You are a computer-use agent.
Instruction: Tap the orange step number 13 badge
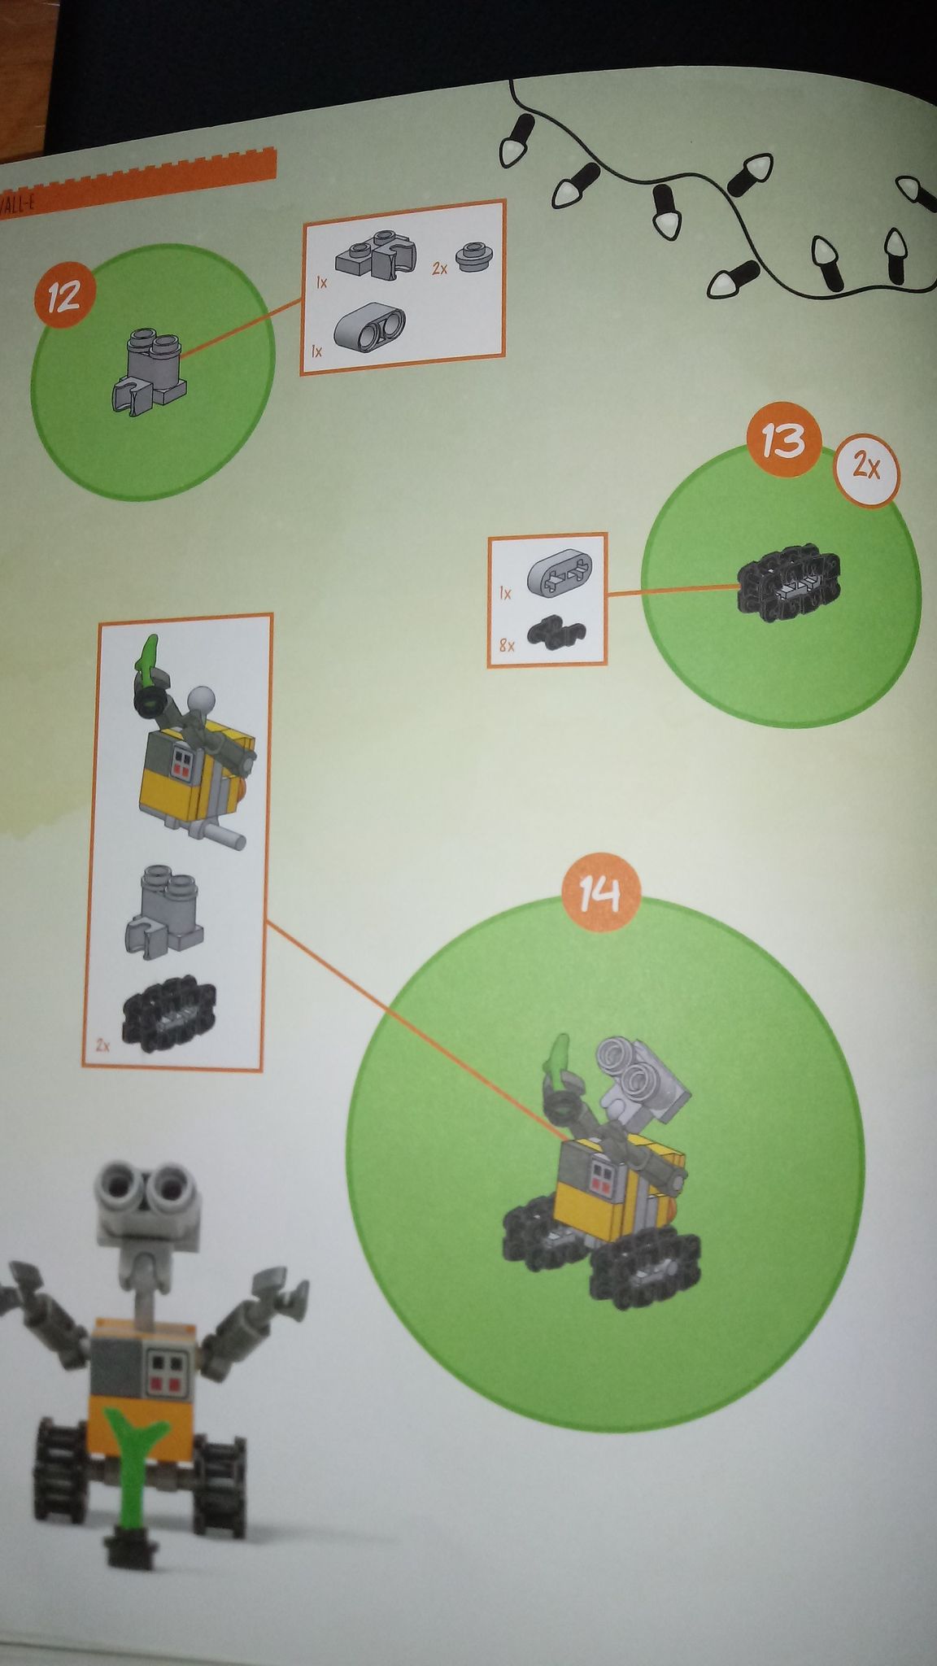(x=783, y=442)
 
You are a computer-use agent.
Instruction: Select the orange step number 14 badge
(x=601, y=895)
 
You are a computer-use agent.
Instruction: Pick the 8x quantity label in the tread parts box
(x=507, y=646)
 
